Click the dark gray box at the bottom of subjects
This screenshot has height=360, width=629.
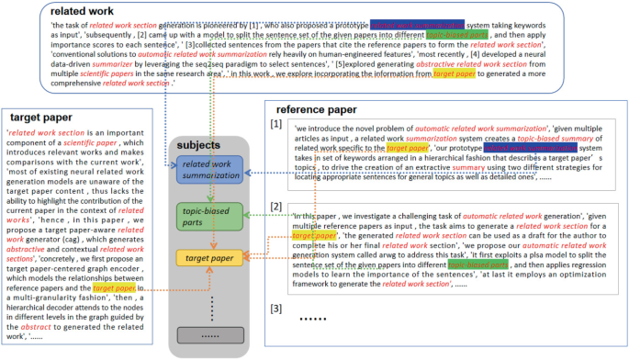[x=210, y=337]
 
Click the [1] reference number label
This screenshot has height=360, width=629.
[x=276, y=123]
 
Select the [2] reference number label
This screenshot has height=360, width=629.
[x=276, y=208]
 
